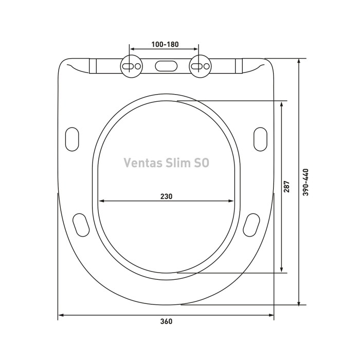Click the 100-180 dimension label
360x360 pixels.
tap(165, 44)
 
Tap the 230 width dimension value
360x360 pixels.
tap(166, 196)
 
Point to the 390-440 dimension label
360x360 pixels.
tap(305, 182)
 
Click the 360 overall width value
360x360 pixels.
tap(166, 321)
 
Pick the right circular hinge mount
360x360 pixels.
tap(200, 66)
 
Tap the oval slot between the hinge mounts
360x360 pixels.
tap(165, 66)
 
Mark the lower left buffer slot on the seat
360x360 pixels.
tap(81, 224)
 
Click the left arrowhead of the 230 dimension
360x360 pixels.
tap(101, 202)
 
